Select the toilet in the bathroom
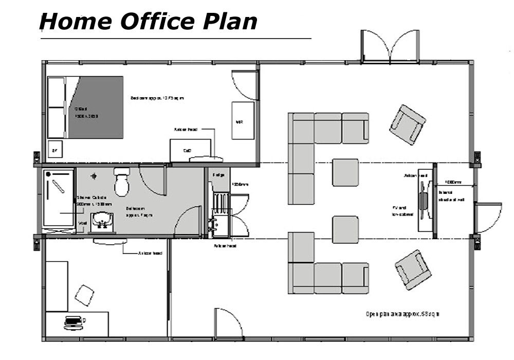pyautogui.click(x=122, y=182)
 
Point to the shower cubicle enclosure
pyautogui.click(x=58, y=198)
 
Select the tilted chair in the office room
pyautogui.click(x=84, y=295)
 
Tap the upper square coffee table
pyautogui.click(x=345, y=172)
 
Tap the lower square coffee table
pyautogui.click(x=345, y=229)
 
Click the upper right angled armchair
pyautogui.click(x=407, y=124)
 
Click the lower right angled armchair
pyautogui.click(x=413, y=269)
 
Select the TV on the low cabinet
pyautogui.click(x=424, y=201)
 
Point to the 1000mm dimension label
pyautogui.click(x=452, y=182)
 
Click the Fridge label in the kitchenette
pyautogui.click(x=217, y=175)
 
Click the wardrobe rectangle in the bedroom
pyautogui.click(x=243, y=120)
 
